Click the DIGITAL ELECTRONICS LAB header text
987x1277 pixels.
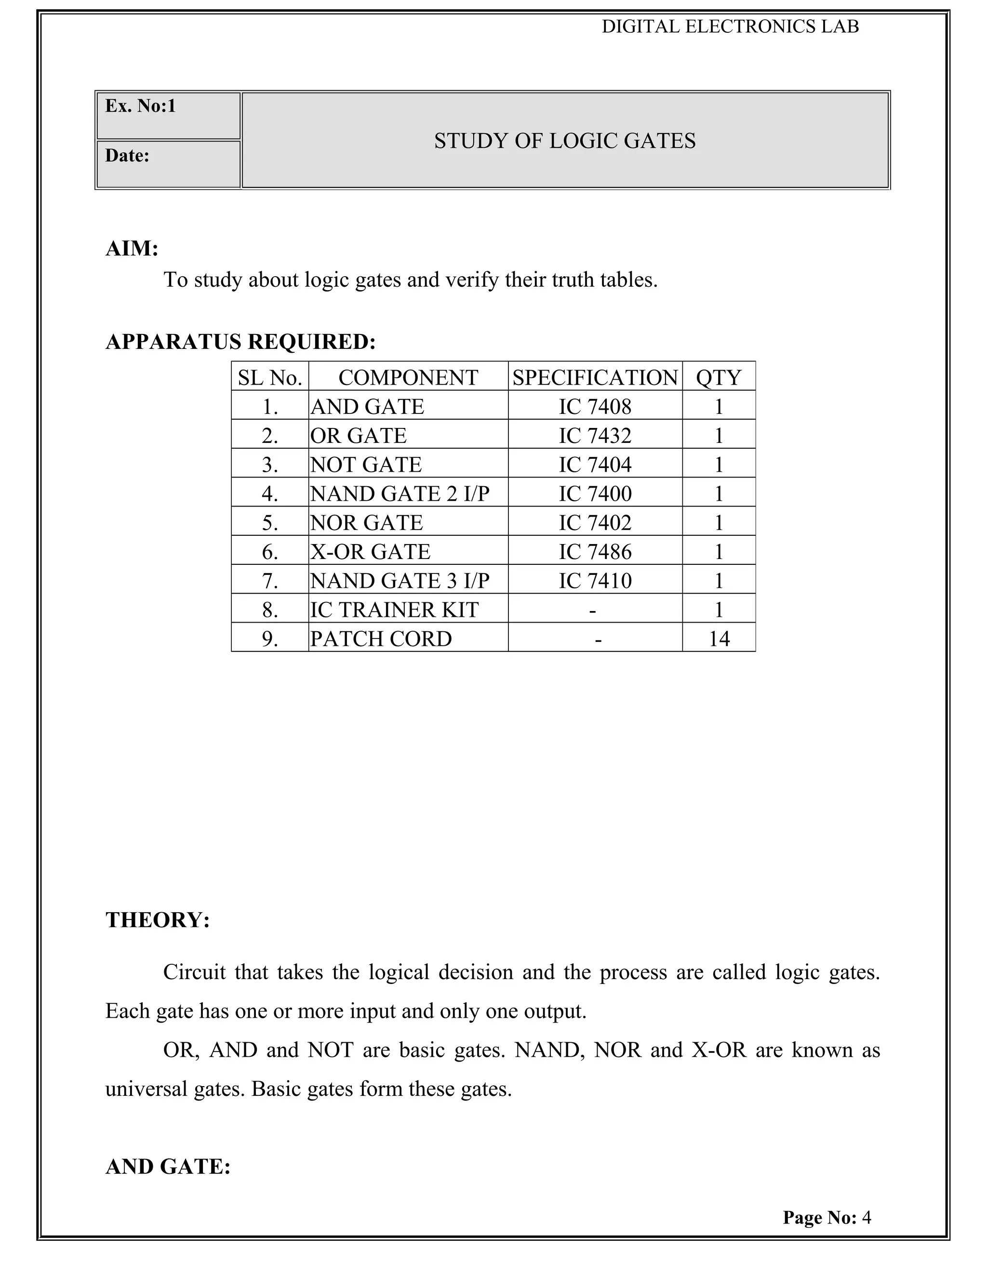click(x=730, y=27)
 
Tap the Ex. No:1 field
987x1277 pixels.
click(x=140, y=106)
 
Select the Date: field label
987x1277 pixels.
click(x=127, y=156)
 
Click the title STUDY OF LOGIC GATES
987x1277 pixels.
click(x=565, y=141)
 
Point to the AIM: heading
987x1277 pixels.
click(x=132, y=249)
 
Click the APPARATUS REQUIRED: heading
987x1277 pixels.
click(x=240, y=342)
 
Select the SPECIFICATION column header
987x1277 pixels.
click(x=595, y=378)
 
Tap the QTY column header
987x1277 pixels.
click(x=719, y=378)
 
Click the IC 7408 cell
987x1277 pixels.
click(x=595, y=406)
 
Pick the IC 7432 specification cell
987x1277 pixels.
click(x=595, y=436)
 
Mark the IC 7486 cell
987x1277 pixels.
click(x=595, y=551)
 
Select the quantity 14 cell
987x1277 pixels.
click(x=719, y=638)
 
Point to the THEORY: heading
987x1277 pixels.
click(x=157, y=920)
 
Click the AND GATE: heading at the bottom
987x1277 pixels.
click(x=168, y=1167)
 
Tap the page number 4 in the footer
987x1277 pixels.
click(x=867, y=1217)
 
